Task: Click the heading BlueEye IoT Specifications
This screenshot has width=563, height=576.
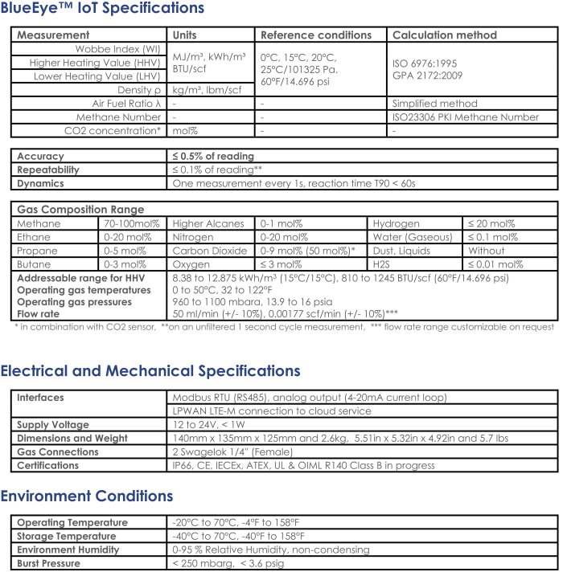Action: (x=102, y=9)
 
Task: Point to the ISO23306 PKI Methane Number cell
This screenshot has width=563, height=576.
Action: (x=465, y=117)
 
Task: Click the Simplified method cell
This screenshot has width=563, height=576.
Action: (x=434, y=104)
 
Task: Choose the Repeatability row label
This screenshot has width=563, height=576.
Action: (x=48, y=170)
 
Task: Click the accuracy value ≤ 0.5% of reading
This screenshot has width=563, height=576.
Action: (x=213, y=156)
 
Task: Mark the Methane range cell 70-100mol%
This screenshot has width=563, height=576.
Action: (x=132, y=223)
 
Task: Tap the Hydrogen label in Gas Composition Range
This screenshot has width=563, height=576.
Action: (x=396, y=223)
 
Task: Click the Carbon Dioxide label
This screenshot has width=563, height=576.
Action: (x=210, y=251)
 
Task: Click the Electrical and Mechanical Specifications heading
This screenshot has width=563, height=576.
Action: (x=150, y=371)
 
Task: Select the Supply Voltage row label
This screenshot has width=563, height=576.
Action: (x=53, y=425)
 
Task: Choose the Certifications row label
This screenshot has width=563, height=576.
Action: (x=48, y=465)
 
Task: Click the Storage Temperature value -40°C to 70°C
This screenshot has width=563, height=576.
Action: (x=238, y=537)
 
